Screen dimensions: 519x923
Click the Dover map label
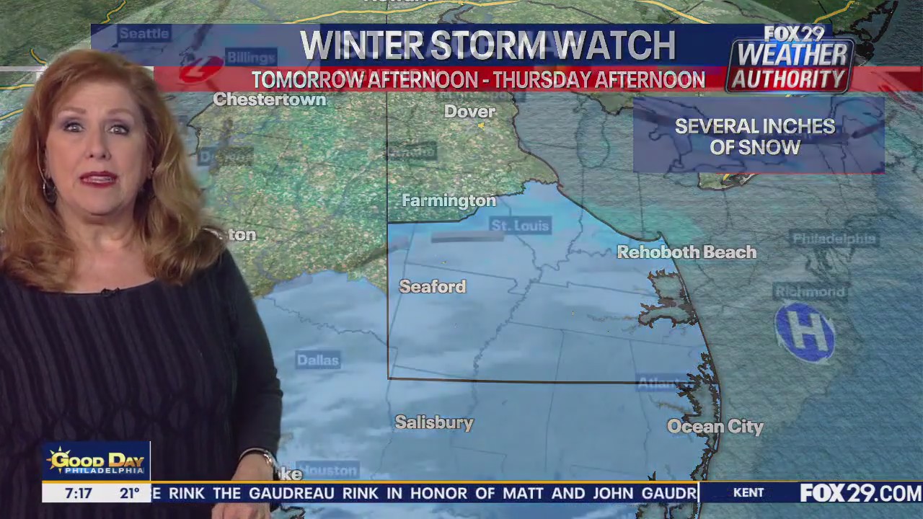point(469,112)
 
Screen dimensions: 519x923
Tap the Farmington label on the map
point(449,201)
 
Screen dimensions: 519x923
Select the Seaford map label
point(432,287)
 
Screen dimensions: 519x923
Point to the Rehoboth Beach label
point(686,252)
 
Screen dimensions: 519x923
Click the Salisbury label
point(434,423)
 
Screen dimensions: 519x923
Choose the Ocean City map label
point(715,427)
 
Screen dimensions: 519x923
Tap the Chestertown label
point(270,100)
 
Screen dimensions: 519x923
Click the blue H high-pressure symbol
point(805,332)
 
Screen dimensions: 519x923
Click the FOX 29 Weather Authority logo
point(792,60)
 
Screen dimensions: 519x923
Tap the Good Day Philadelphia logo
point(96,461)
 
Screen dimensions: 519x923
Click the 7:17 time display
point(78,494)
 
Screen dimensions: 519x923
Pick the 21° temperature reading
point(129,494)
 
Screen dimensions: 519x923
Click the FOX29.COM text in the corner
point(860,494)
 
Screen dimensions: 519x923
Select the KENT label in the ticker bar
point(748,493)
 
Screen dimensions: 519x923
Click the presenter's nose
point(94,155)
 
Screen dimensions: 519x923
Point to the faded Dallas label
point(317,360)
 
